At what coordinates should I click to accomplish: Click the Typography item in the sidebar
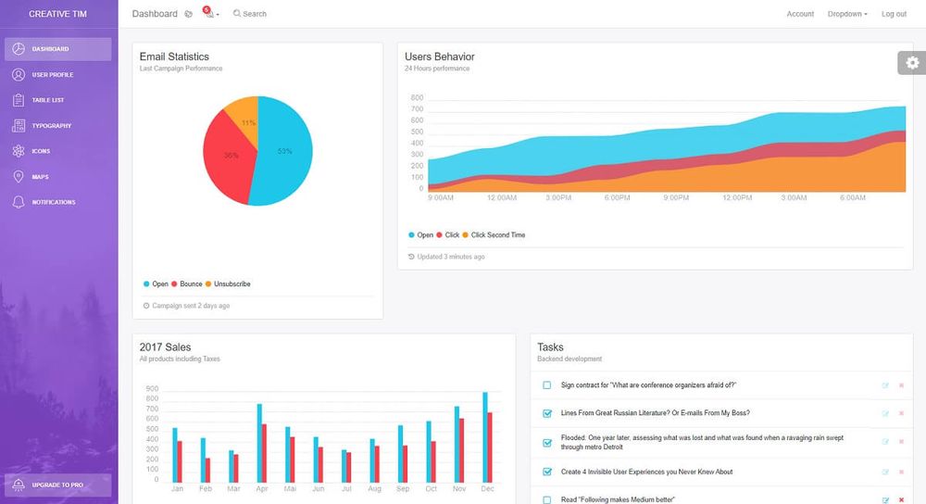click(x=51, y=126)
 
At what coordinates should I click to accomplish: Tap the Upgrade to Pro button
click(x=57, y=485)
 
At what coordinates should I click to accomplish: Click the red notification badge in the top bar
click(x=206, y=9)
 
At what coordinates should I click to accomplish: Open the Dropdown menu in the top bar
click(x=847, y=14)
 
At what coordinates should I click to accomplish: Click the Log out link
click(x=894, y=14)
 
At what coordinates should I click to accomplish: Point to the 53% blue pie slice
click(x=282, y=151)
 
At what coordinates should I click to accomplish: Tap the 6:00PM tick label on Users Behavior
click(x=618, y=197)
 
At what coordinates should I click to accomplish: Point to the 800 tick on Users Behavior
click(x=417, y=97)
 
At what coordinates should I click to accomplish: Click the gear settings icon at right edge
click(x=913, y=63)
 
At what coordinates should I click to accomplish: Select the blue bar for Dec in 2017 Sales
click(x=484, y=436)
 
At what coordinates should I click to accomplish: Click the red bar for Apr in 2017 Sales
click(x=265, y=452)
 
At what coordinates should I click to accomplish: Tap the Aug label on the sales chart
click(x=374, y=488)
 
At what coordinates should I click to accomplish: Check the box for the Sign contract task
click(x=546, y=385)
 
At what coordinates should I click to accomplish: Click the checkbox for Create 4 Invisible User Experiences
click(x=546, y=472)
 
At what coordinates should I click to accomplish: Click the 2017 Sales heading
click(x=165, y=347)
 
